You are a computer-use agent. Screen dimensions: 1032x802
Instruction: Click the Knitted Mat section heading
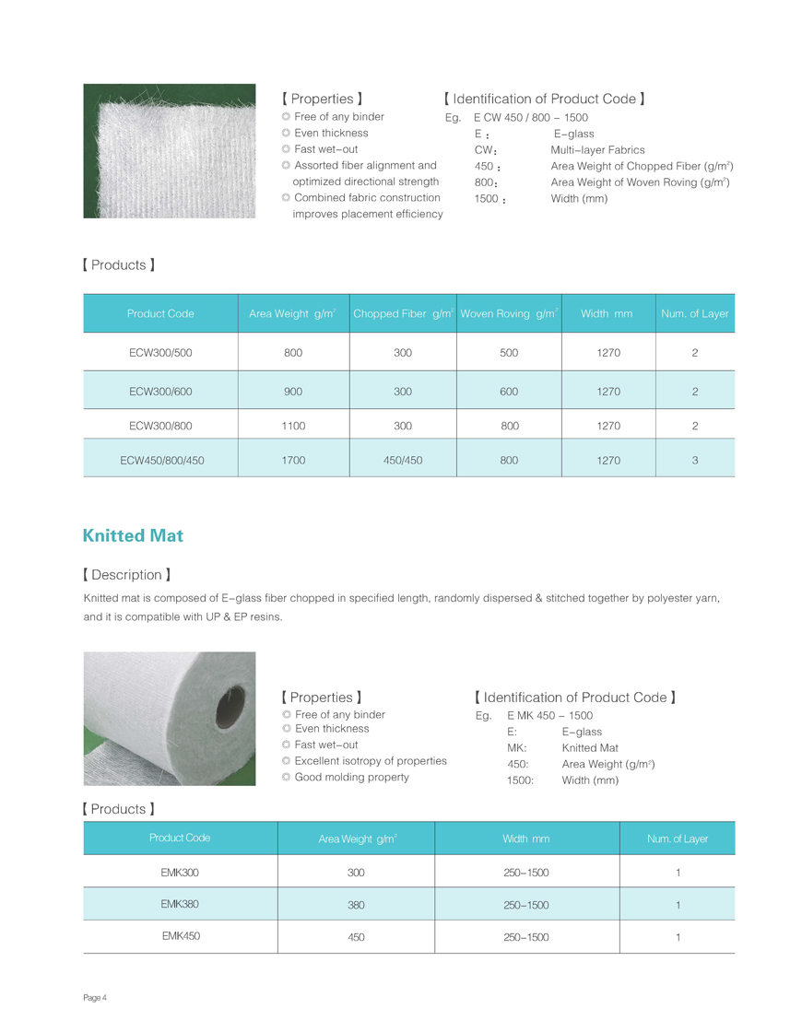(133, 535)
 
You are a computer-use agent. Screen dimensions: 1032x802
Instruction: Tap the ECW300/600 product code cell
(160, 392)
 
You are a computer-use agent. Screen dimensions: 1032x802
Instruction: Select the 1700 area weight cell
(293, 460)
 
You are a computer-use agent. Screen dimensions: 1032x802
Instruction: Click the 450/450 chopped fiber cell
(402, 460)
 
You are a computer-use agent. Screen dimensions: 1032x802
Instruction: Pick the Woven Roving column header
(509, 314)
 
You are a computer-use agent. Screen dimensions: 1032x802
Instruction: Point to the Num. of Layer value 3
(694, 460)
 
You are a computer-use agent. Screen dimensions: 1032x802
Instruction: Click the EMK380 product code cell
(180, 904)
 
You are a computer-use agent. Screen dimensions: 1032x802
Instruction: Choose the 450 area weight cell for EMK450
(356, 937)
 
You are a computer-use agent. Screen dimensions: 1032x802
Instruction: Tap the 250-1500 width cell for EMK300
(525, 873)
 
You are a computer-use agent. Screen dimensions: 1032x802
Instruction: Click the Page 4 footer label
(95, 998)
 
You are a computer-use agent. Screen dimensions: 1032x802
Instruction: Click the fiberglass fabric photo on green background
(170, 151)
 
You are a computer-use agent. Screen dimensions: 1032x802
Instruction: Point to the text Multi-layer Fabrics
(597, 150)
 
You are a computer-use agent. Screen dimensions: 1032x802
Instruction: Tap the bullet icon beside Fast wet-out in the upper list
(286, 149)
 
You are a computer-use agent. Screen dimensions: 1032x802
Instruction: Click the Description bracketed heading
(126, 575)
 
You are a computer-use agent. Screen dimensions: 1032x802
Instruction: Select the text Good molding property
(351, 777)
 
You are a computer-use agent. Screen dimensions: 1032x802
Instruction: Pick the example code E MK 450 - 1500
(549, 716)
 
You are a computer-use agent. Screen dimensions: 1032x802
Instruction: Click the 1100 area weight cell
(293, 426)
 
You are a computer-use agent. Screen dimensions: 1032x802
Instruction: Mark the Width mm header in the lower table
(525, 838)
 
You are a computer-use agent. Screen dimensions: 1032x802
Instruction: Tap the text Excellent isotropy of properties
(370, 761)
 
